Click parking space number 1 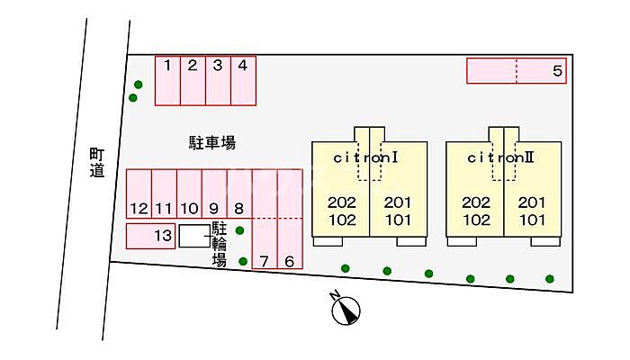point(168,79)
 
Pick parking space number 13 point(150,236)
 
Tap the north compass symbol point(345,310)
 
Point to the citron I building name point(365,157)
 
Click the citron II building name point(501,157)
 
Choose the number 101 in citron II point(533,219)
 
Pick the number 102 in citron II point(476,219)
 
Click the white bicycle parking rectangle point(193,237)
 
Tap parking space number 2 point(193,79)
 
